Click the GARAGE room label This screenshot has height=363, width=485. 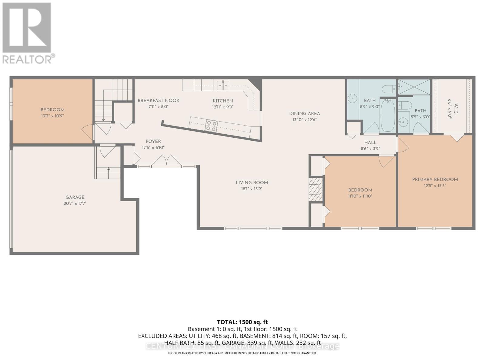pos(75,197)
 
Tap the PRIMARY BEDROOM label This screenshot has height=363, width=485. pos(435,179)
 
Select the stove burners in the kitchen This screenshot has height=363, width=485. pos(211,126)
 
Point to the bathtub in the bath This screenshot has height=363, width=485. pos(387,116)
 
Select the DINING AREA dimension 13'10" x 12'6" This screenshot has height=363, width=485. pos(304,119)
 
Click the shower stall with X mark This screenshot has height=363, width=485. pos(414,87)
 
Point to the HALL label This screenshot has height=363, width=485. pos(370,142)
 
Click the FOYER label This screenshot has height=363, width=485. pos(153,141)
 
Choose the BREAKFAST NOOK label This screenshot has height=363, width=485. pos(159,100)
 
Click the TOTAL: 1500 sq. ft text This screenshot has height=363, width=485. pos(242,322)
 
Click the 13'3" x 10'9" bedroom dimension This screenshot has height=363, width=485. pos(53,116)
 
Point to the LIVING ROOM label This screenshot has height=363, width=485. pos(252,182)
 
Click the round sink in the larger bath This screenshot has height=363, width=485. pos(352,98)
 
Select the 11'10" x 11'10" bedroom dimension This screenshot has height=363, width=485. pos(360,196)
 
